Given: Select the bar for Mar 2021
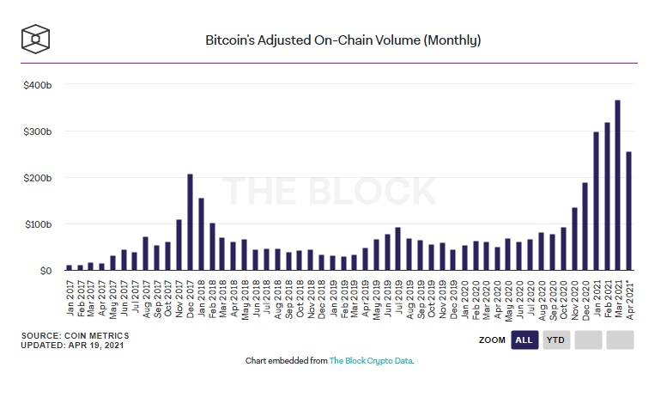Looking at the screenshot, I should pyautogui.click(x=618, y=186).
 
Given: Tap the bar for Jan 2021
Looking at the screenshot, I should pyautogui.click(x=597, y=201).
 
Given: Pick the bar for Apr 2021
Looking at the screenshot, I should pyautogui.click(x=629, y=211).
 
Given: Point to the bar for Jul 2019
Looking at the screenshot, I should pyautogui.click(x=397, y=249).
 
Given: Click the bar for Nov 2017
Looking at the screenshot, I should pyautogui.click(x=179, y=246).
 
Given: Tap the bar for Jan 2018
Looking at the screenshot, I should pyautogui.click(x=201, y=235).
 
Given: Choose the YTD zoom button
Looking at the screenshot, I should pyautogui.click(x=555, y=340).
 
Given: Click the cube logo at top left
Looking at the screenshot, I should pyautogui.click(x=36, y=39).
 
